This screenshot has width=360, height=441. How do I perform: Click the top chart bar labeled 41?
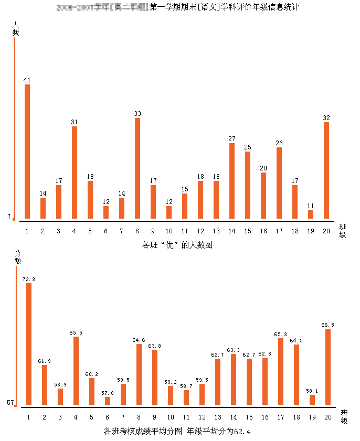click(x=27, y=152)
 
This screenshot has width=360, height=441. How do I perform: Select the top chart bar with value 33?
click(x=137, y=168)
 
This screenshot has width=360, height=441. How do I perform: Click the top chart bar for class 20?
click(x=326, y=170)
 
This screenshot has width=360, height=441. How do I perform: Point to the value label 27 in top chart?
click(x=232, y=139)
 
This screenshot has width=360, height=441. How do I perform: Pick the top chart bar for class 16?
click(x=263, y=196)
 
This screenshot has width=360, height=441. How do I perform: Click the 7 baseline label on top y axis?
click(x=9, y=217)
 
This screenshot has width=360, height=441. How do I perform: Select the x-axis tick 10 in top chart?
click(x=169, y=231)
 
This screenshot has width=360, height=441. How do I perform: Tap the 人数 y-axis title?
click(x=16, y=28)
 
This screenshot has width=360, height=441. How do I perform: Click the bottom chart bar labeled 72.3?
click(x=29, y=344)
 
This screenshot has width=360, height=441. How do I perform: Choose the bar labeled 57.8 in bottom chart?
click(x=108, y=401)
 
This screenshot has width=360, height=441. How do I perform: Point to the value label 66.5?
click(x=327, y=325)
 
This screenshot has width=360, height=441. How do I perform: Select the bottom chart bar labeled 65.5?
click(x=76, y=371)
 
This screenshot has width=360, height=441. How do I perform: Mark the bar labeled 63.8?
click(x=155, y=377)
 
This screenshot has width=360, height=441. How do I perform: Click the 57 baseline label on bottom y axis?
click(x=10, y=403)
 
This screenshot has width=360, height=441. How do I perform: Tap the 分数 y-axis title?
click(x=17, y=257)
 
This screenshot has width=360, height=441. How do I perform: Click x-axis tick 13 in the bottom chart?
click(x=217, y=417)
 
